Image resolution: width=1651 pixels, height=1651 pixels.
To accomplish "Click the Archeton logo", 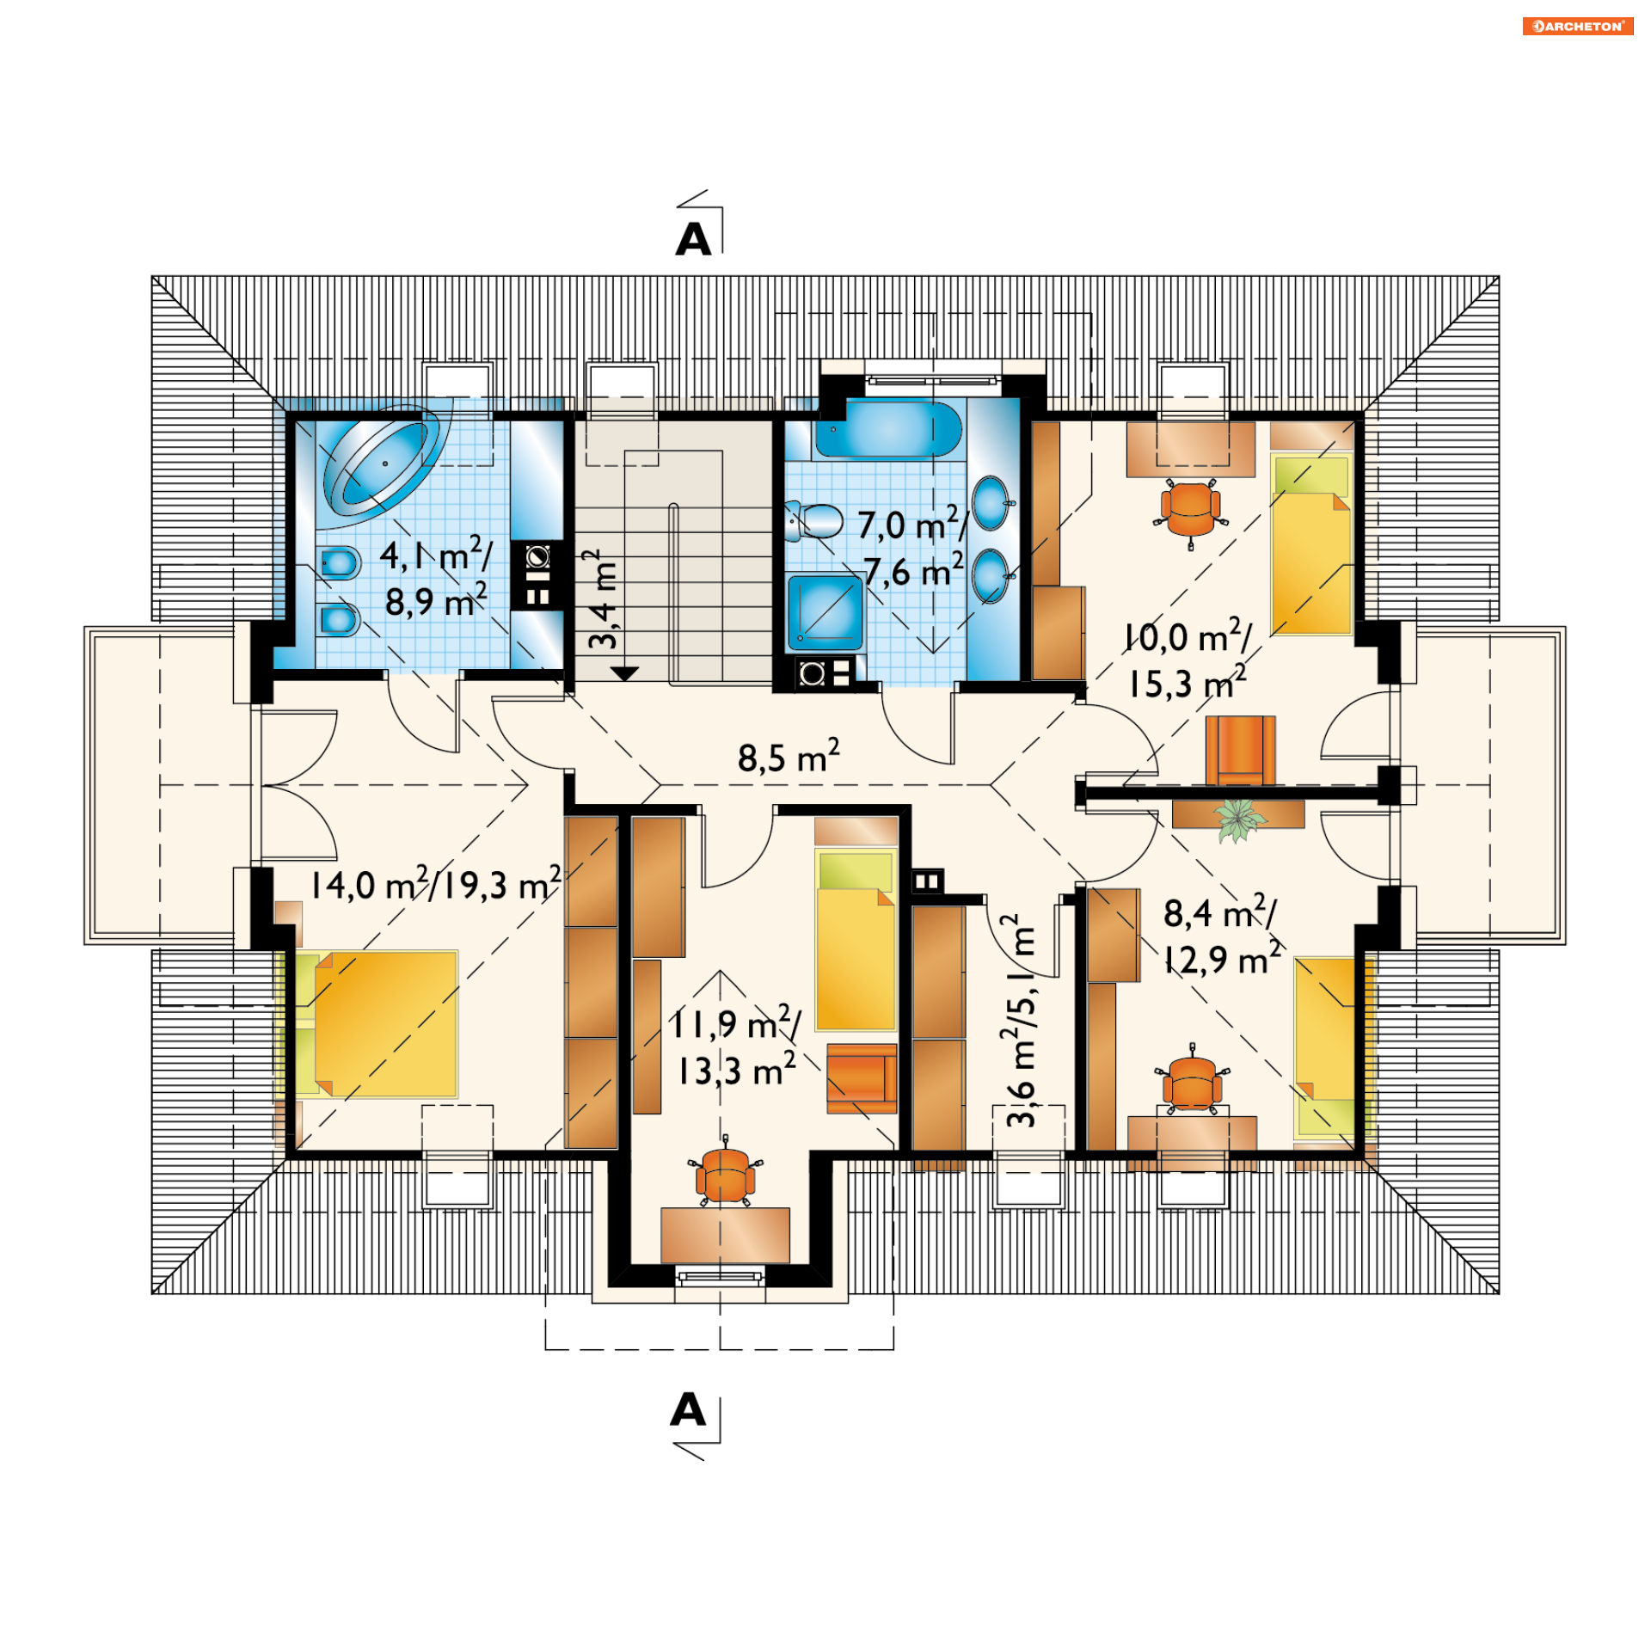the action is tap(1577, 27).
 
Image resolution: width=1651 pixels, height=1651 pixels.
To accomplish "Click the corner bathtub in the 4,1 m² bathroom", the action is tap(384, 463).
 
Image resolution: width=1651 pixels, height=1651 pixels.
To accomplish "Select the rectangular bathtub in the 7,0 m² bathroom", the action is tap(887, 427).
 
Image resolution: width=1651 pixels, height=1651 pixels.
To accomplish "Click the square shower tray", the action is tap(825, 612).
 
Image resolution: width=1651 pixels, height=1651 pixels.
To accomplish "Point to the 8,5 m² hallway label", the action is tap(789, 757).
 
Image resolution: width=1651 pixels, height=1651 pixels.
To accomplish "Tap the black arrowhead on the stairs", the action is tap(625, 673).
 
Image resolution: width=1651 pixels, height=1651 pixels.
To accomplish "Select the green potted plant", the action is tap(1238, 819).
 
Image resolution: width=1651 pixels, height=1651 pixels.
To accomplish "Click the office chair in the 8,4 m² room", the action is tap(1192, 1080).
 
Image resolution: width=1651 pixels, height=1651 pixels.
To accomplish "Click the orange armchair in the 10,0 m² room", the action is tap(1240, 751).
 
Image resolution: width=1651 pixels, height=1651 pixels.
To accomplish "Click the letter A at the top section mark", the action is tap(693, 240).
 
